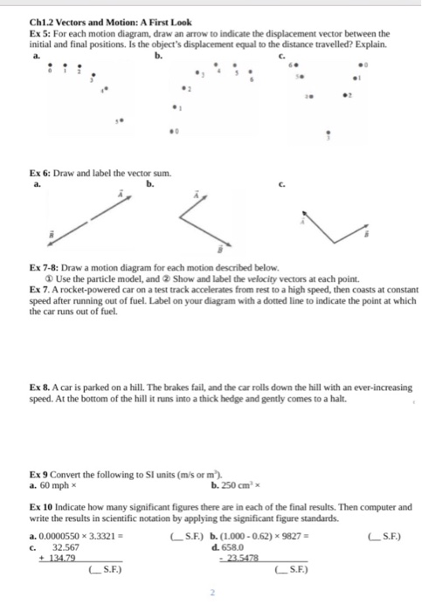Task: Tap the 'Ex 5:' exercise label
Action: pyautogui.click(x=41, y=32)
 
